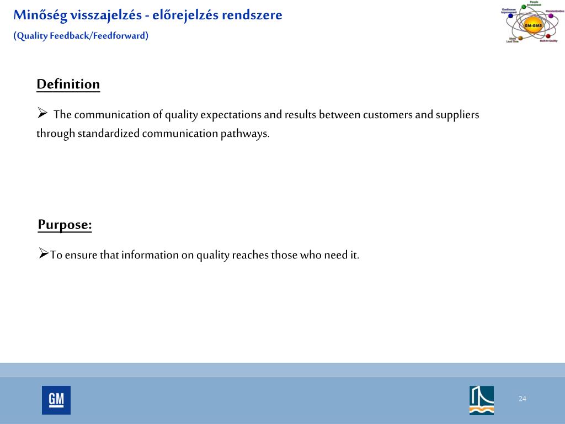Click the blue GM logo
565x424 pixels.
point(56,400)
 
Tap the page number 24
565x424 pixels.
point(522,399)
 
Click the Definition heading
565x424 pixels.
point(68,84)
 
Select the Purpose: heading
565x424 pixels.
point(65,225)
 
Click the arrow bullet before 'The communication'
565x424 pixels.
point(42,114)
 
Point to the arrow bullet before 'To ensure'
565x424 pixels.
point(44,254)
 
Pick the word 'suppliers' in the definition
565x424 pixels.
point(457,115)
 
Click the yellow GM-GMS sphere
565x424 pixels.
point(533,25)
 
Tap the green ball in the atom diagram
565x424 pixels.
point(524,7)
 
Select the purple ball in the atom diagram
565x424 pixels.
point(551,16)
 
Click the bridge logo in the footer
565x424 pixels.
point(482,400)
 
